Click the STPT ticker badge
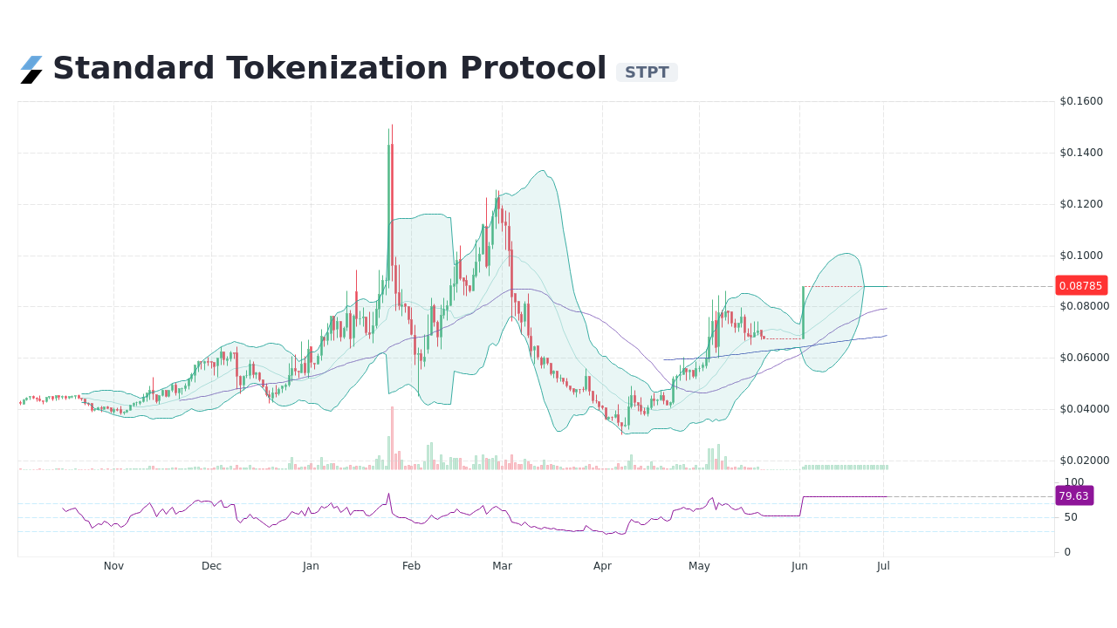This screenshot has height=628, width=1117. pos(647,72)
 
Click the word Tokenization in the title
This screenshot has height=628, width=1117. pos(338,68)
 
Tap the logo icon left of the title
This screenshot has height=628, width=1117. pos(31,70)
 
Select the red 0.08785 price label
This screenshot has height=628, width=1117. pos(1081,285)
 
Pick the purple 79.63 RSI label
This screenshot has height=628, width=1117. pos(1073,495)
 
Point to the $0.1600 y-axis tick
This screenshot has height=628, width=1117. pos(1081,101)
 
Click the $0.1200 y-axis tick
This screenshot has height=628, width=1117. pos(1081,204)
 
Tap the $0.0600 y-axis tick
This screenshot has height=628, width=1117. pos(1081,358)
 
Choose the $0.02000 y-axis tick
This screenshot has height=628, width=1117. pos(1083,461)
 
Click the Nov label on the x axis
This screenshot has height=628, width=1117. pos(113,566)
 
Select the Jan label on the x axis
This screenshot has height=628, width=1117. pos(311,566)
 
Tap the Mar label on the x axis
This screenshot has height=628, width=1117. pos(502,566)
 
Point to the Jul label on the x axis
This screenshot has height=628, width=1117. pos(883,566)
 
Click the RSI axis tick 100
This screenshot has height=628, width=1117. pos(1073,482)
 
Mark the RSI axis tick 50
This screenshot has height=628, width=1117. pos(1070,517)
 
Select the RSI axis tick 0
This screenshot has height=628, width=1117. pos(1067,552)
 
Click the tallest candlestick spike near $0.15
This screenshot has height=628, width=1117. pos(392,140)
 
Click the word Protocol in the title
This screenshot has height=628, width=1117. pos(533,68)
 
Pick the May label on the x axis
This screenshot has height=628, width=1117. pos(699,566)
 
